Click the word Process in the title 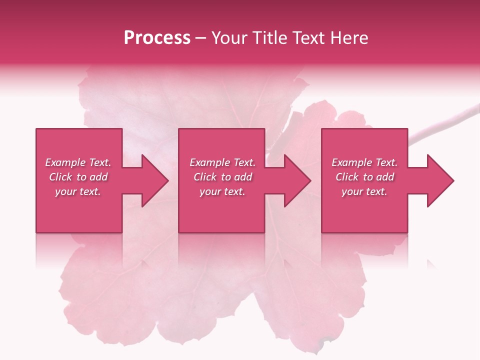pos(157,38)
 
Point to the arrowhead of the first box pos(152,180)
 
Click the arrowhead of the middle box pos(295,180)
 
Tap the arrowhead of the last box pos(438,180)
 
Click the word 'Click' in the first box pos(60,177)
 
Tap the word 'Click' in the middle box pos(204,177)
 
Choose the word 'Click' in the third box pos(346,177)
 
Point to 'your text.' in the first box pos(78,191)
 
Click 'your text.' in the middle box pos(222,191)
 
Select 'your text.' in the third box pos(364,191)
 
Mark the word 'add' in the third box pos(385,177)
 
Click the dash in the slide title pos(200,38)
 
